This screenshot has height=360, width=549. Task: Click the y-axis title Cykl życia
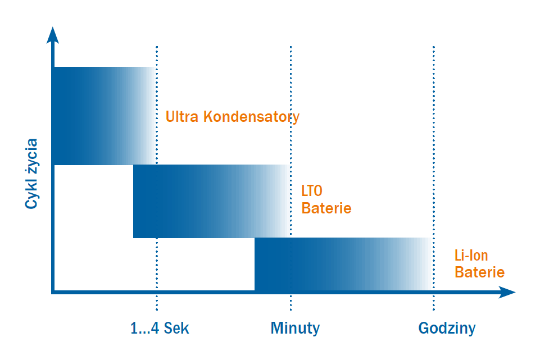pos(31,174)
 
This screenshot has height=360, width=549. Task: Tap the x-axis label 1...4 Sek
pos(160,328)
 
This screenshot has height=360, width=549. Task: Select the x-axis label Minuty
pos(295,328)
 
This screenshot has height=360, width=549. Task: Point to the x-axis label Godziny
pos(447,328)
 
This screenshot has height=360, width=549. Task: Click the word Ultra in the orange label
pos(183,117)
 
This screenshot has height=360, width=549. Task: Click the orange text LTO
pos(312,192)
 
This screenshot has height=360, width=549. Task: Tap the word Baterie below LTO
pos(326,208)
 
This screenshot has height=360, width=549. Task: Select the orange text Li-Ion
pos(471,256)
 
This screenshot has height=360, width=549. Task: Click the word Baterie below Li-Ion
pos(479,272)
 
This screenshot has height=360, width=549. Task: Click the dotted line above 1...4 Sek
pos(157,56)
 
